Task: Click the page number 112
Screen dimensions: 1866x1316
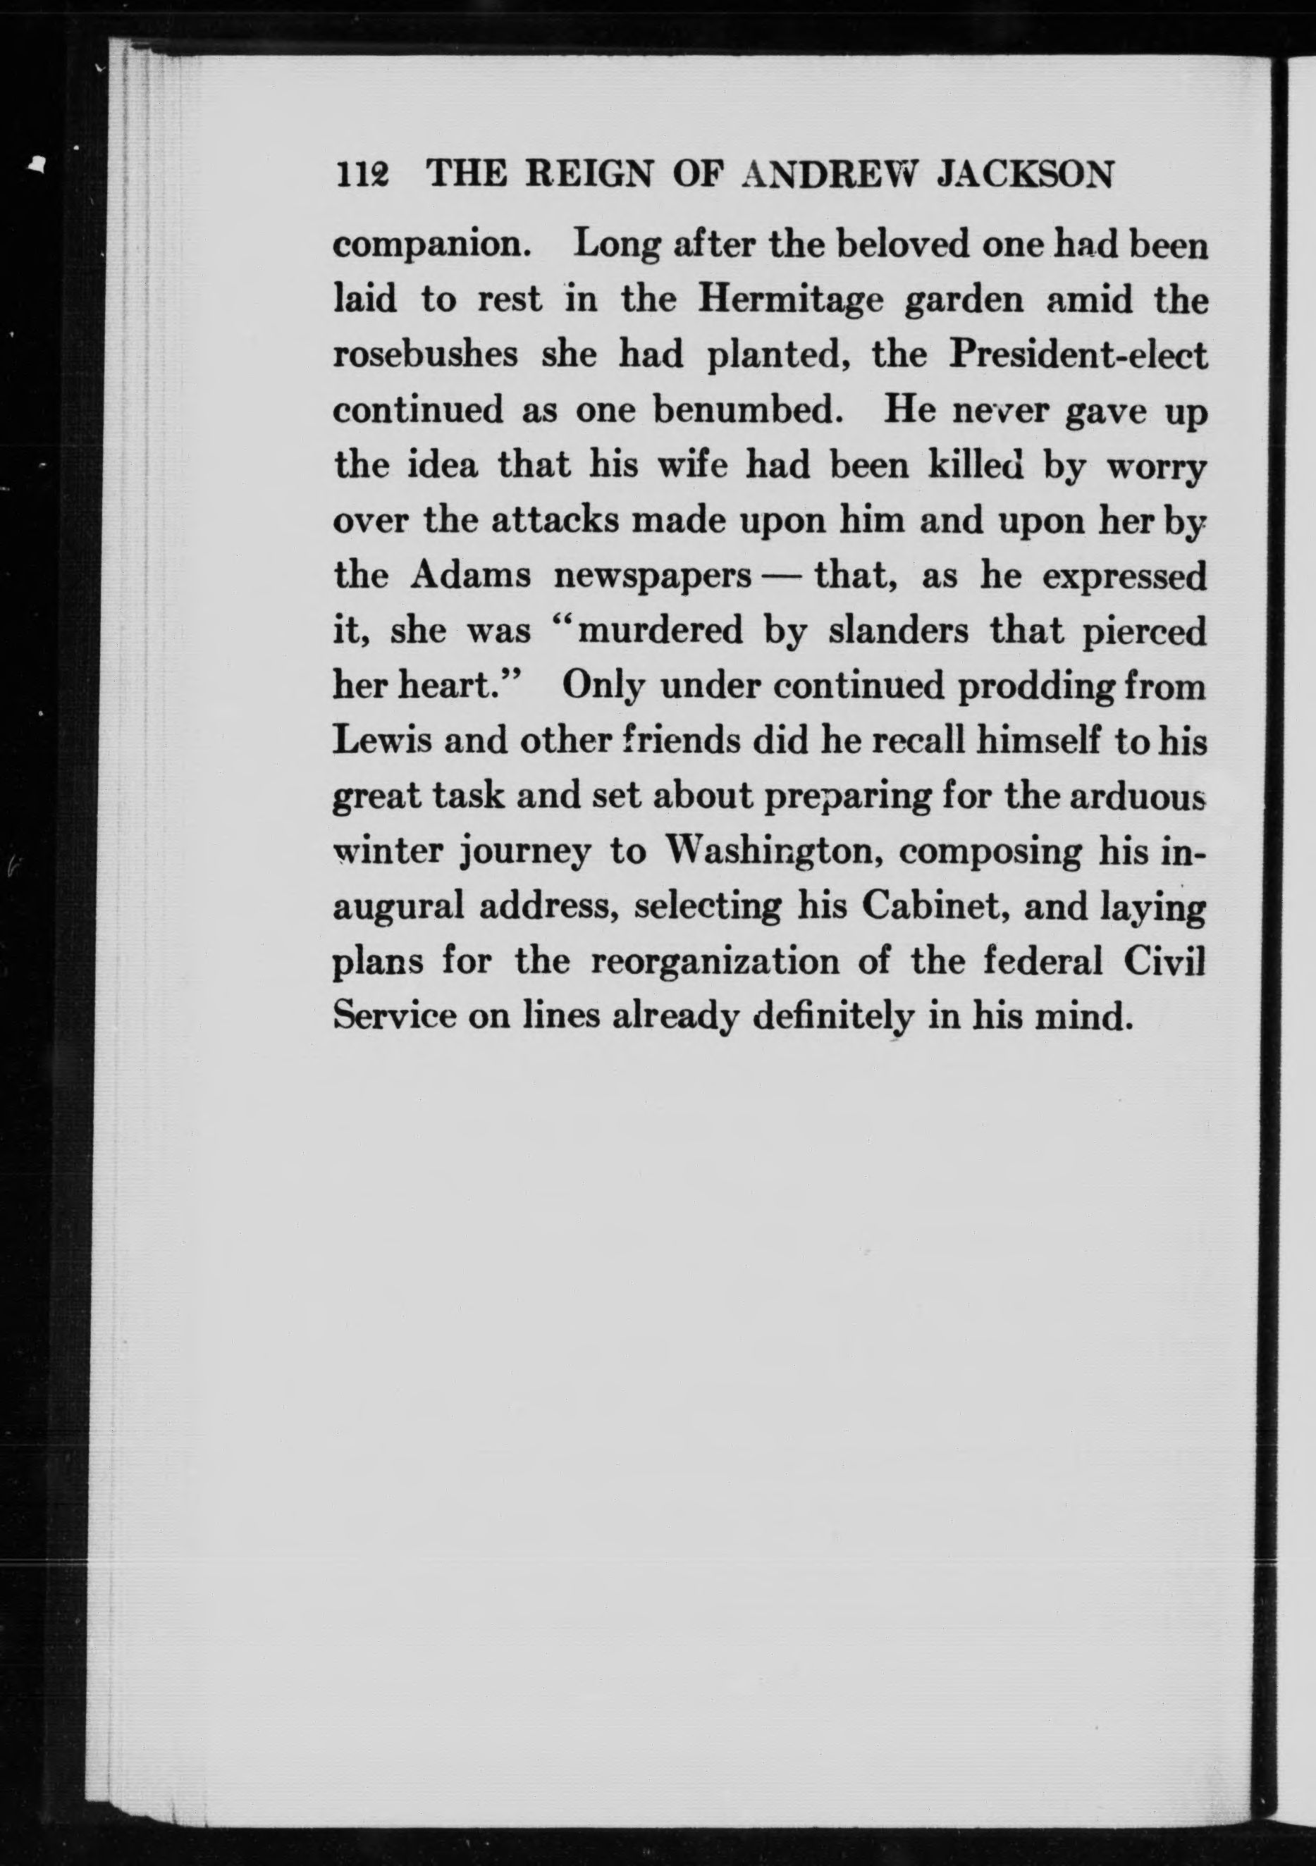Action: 362,175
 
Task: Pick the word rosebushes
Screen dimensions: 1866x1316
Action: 426,355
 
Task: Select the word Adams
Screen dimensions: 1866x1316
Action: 471,576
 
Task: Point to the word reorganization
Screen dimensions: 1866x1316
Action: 715,963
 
